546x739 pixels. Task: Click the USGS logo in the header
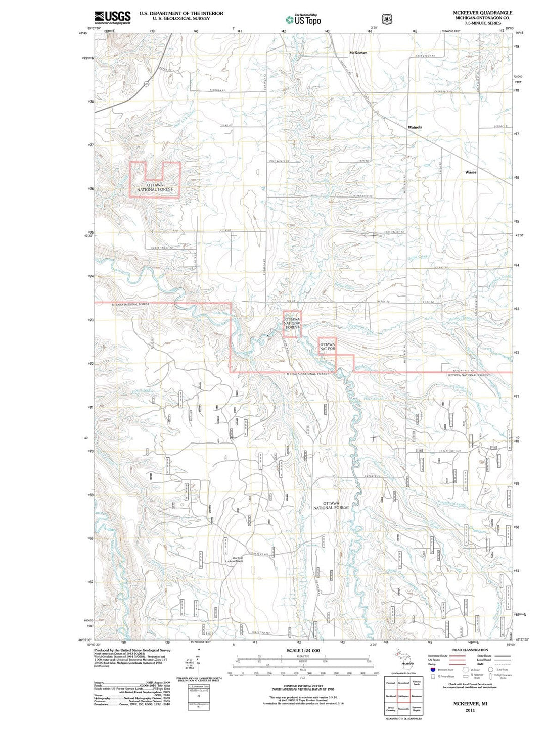coord(112,18)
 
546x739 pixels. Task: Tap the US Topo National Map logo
coord(303,20)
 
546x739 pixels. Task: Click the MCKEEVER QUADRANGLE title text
coord(482,13)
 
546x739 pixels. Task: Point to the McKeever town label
coord(358,53)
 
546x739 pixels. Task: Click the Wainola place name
coord(415,127)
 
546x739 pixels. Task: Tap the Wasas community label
coord(470,172)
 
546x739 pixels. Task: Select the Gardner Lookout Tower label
coord(234,560)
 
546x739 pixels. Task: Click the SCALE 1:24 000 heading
coord(303,650)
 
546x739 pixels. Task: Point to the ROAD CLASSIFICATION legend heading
coord(470,650)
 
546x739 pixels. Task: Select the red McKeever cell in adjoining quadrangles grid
coord(403,696)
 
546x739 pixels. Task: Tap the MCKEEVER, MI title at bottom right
coord(470,703)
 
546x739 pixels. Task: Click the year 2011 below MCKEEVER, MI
coord(470,710)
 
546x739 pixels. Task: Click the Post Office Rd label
coord(425,56)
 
